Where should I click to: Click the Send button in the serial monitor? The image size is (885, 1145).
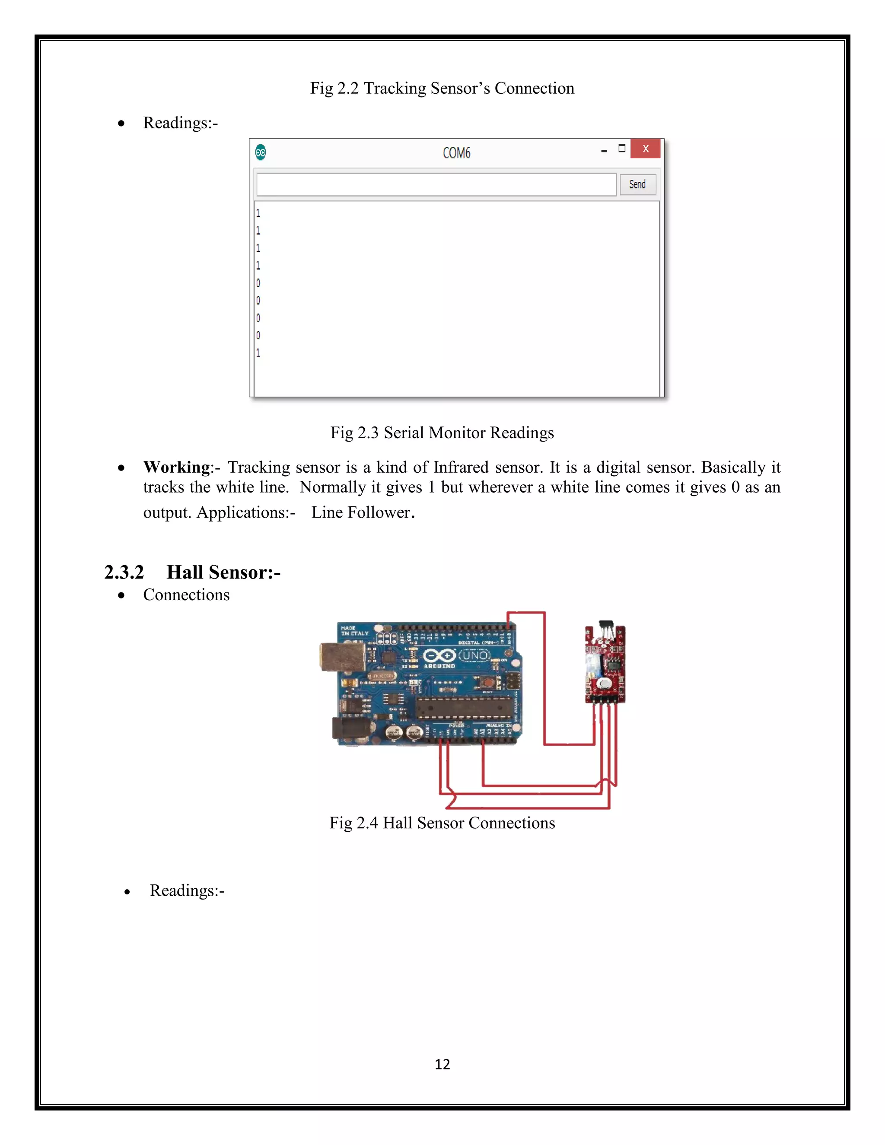[x=637, y=184]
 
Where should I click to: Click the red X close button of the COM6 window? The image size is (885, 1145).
[x=646, y=149]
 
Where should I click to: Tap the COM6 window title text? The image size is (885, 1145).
[x=456, y=153]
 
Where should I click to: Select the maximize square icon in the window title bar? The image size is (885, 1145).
[x=622, y=148]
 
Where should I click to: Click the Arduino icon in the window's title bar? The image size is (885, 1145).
[x=261, y=153]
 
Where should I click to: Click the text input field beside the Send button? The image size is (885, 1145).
[x=436, y=184]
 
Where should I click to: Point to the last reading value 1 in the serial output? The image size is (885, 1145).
[x=258, y=353]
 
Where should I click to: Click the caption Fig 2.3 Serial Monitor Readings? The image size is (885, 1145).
[x=442, y=433]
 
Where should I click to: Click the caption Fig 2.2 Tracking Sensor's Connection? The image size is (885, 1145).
[x=442, y=88]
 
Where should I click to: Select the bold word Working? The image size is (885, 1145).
[x=177, y=467]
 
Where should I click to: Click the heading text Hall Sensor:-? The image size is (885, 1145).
[x=223, y=572]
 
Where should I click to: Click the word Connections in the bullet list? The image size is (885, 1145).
[x=186, y=595]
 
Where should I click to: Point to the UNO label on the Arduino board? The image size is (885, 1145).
[x=474, y=656]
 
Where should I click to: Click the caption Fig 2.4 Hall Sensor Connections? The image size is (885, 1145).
[x=442, y=823]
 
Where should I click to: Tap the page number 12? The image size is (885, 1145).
[x=442, y=1064]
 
